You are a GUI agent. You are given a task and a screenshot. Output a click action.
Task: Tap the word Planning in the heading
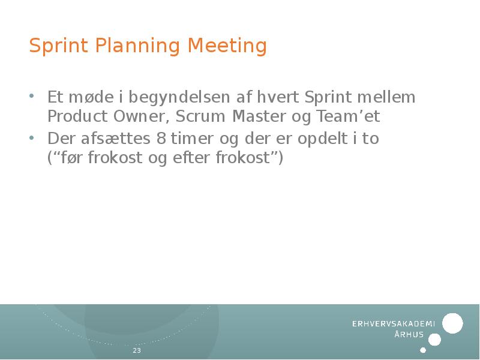(133, 46)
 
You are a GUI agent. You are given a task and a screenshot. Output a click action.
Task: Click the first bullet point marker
(32, 96)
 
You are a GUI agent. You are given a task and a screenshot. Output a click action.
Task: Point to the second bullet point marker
(32, 137)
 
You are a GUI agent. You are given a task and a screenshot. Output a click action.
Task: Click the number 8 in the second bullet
(160, 139)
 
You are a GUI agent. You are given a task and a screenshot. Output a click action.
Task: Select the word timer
(191, 139)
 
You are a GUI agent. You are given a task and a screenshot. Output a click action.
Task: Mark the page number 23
(137, 350)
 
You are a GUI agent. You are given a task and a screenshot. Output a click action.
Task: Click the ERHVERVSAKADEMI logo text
(393, 323)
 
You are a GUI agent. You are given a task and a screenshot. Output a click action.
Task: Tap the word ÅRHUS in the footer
(409, 335)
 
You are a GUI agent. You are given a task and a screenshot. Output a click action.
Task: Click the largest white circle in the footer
(452, 323)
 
